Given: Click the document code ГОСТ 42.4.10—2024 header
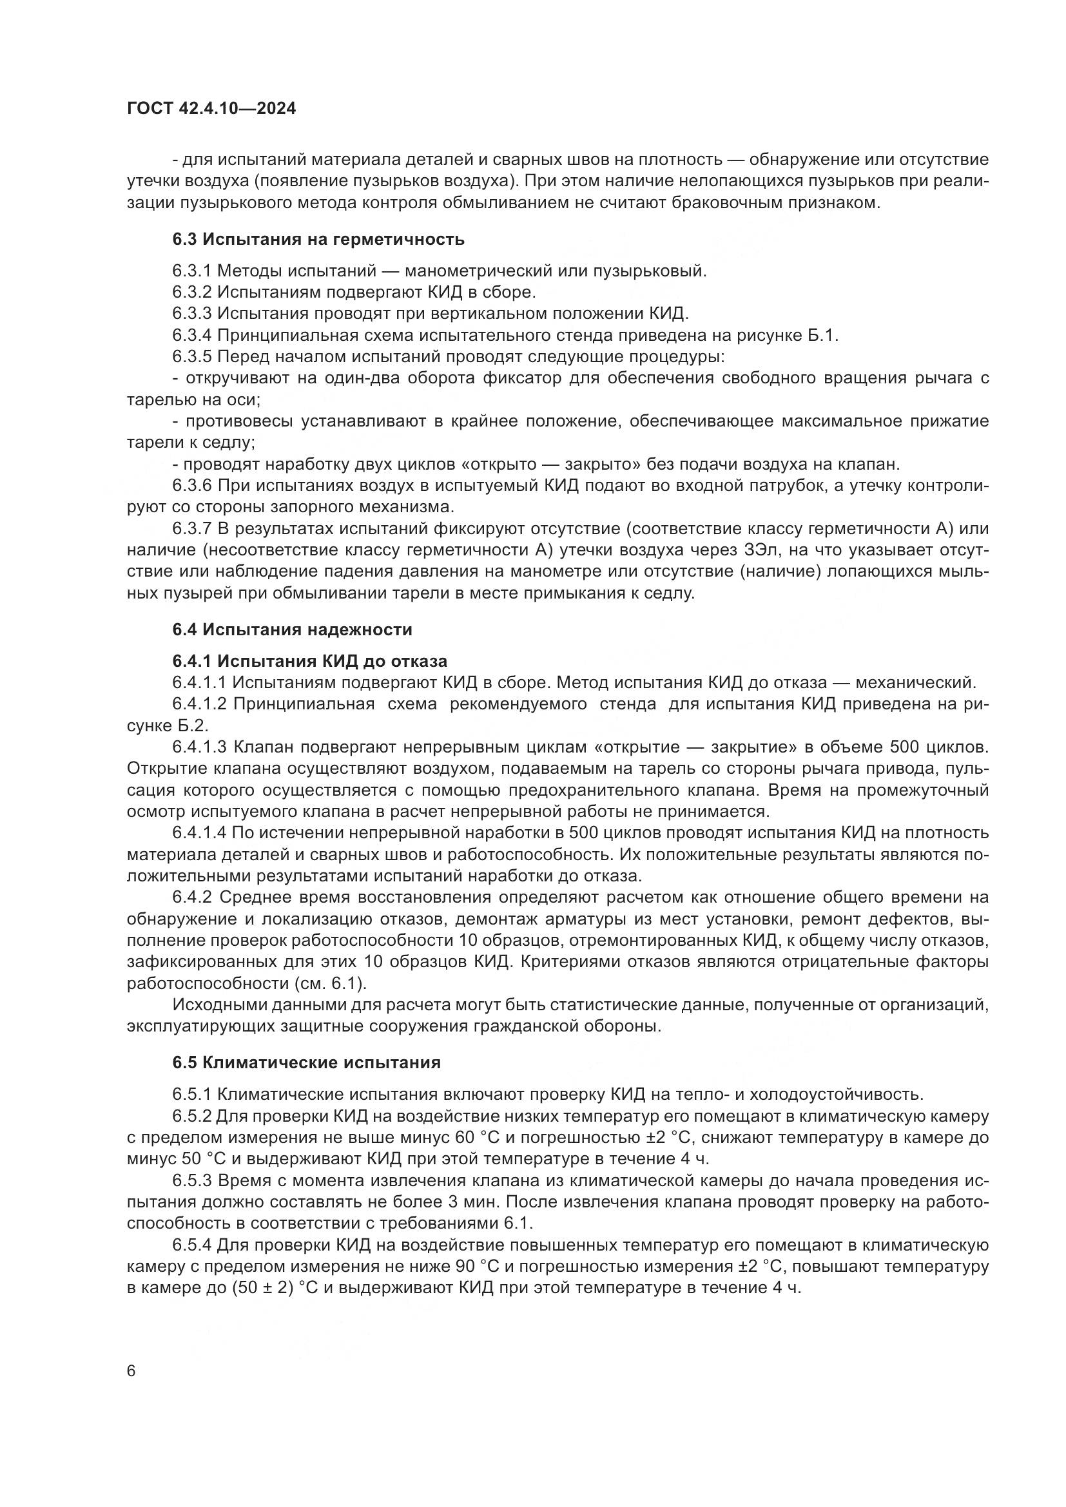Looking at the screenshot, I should (x=211, y=109).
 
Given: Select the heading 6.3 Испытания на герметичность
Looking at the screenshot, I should (x=318, y=239).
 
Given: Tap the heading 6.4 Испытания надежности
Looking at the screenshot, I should (x=292, y=629).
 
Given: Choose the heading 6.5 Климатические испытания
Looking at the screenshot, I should (x=307, y=1062).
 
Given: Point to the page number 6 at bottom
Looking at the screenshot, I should (x=131, y=1372).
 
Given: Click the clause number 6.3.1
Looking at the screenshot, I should (x=191, y=271).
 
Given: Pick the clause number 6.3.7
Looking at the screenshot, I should (x=191, y=529).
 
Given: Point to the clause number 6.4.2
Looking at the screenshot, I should (x=191, y=897).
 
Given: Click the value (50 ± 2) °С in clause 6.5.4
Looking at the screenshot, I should (x=275, y=1288).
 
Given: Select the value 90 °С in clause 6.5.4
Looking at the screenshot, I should (x=481, y=1266).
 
